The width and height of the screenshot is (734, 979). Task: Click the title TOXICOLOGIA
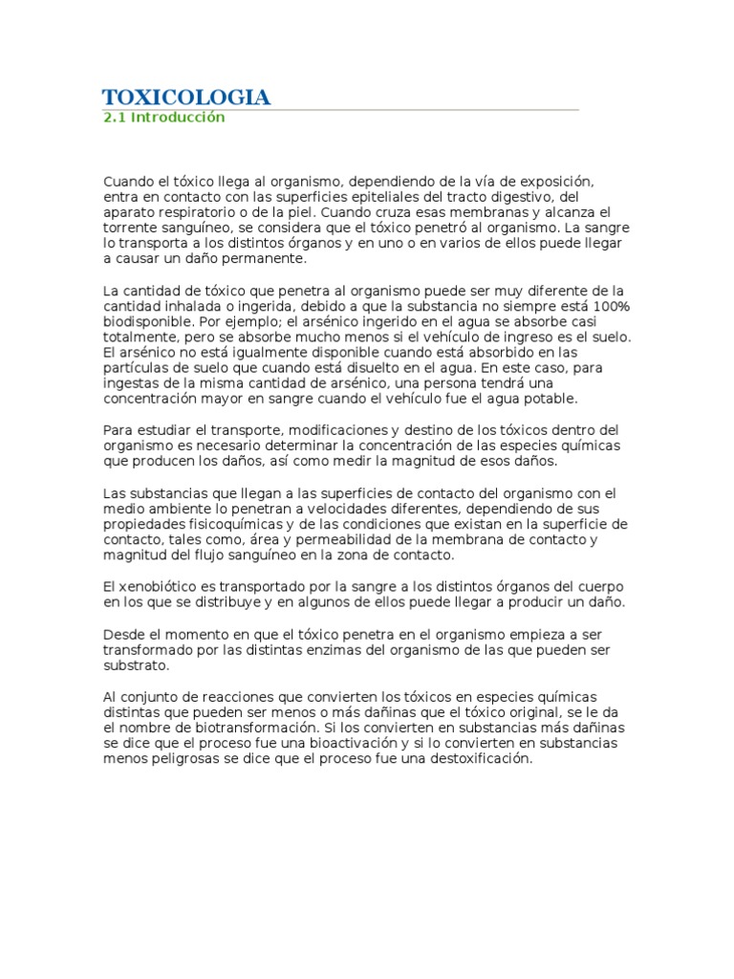pyautogui.click(x=186, y=97)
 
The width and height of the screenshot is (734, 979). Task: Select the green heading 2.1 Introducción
pyautogui.click(x=163, y=118)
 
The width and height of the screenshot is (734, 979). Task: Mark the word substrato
pyautogui.click(x=137, y=665)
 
